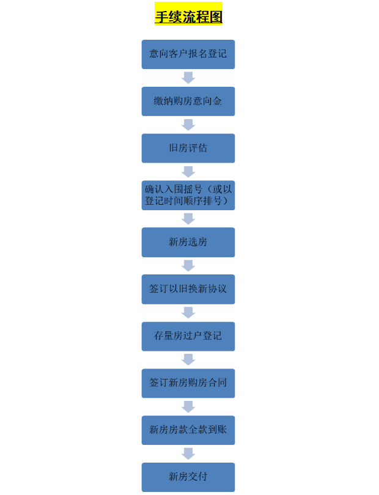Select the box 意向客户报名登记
(x=188, y=54)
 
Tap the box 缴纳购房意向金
(x=188, y=101)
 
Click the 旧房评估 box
(x=188, y=148)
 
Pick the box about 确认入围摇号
(x=188, y=196)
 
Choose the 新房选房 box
(x=188, y=242)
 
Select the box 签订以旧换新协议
(x=188, y=289)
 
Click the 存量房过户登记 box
(x=188, y=336)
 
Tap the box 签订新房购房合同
(x=188, y=383)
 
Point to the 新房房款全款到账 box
(x=188, y=430)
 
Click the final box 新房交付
(x=188, y=477)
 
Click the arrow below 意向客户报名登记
(x=188, y=78)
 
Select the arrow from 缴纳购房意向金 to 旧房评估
(x=188, y=125)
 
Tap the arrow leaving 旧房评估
(x=188, y=172)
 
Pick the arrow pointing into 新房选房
(x=188, y=219)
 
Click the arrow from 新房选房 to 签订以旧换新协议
(x=188, y=266)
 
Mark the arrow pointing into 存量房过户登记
(x=188, y=313)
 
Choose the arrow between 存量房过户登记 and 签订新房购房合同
(x=188, y=359)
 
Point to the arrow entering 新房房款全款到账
(x=188, y=406)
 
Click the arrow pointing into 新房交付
(x=188, y=453)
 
